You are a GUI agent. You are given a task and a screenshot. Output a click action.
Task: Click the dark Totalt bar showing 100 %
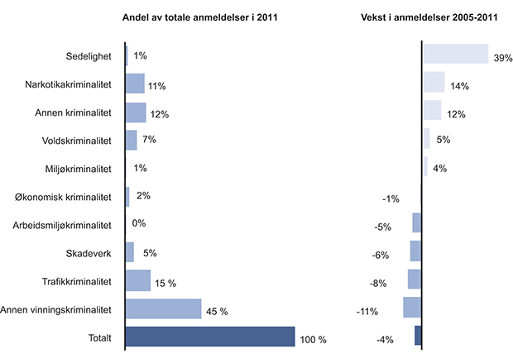pos(210,337)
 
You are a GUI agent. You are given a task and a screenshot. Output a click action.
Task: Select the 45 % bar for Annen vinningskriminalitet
pos(163,309)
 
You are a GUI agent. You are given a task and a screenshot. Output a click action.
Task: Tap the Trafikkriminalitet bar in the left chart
pos(137,281)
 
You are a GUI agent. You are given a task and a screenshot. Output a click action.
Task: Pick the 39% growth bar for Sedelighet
pos(455,54)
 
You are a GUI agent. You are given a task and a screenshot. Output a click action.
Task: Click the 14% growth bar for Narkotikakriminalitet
pos(434,82)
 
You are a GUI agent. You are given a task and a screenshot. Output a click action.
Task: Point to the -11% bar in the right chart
pos(412,308)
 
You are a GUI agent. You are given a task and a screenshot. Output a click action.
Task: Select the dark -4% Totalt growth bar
pos(418,336)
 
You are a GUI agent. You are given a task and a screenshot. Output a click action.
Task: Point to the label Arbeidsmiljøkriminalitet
pos(63,225)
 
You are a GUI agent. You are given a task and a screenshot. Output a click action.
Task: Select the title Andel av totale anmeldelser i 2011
pos(200,17)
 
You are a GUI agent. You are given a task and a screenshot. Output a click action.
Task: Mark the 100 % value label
pos(314,340)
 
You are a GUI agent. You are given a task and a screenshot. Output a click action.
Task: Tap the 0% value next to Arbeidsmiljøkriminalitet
pos(139,224)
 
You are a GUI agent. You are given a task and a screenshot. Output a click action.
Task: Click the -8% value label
pos(379,283)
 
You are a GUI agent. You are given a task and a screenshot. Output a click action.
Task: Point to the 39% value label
pos(503,59)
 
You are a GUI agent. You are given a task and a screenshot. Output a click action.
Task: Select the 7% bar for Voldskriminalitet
pos(131,141)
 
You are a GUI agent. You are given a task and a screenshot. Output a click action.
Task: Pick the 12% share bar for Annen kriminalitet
pos(135,112)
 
